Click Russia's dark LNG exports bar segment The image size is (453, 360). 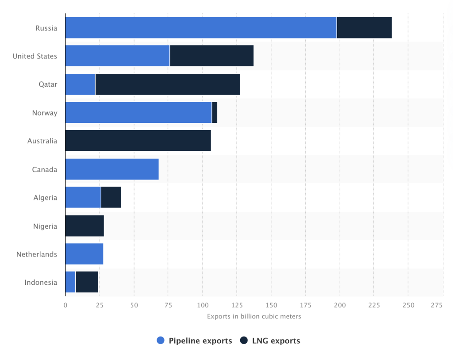364,28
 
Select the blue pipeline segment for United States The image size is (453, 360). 117,56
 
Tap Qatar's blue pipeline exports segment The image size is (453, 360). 80,84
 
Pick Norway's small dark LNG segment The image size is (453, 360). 215,113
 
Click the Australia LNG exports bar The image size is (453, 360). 138,141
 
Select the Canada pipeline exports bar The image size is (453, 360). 111,169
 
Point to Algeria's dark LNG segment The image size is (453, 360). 111,198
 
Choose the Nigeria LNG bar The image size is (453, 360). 84,226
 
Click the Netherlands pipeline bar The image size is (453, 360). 84,254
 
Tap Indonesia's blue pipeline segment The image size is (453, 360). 70,283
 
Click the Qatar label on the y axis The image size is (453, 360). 48,84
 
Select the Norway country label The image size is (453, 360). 44,113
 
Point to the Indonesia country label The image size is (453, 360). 41,283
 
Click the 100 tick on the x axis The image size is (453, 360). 202,305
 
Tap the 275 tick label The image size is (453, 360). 437,305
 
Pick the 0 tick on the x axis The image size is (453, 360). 65,305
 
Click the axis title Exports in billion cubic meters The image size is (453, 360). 254,316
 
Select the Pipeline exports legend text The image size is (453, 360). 200,341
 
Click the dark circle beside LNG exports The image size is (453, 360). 244,341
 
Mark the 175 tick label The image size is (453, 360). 305,305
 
